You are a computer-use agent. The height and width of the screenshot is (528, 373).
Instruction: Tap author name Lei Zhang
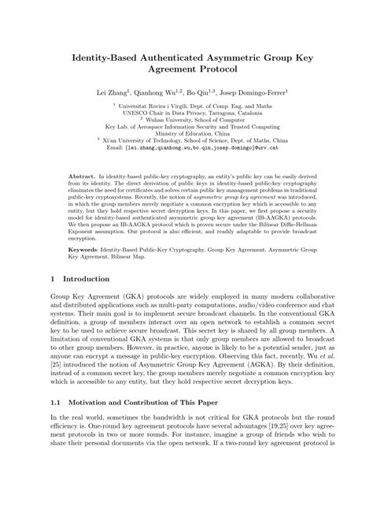(113, 91)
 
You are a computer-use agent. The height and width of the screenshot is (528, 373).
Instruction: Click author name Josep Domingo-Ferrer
(255, 91)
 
